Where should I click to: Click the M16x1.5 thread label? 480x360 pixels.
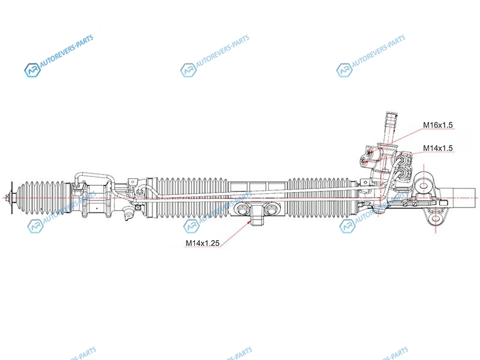[438, 125]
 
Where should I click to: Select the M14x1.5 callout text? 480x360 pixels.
[438, 148]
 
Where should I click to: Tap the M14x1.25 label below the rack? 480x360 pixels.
[202, 243]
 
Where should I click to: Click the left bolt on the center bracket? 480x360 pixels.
[242, 210]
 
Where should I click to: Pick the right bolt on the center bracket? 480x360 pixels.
[271, 210]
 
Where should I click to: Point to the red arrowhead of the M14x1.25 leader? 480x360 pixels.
[249, 221]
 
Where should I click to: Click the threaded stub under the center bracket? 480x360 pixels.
[257, 222]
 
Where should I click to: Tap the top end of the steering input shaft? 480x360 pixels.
[392, 114]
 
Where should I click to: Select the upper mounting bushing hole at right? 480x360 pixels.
[424, 186]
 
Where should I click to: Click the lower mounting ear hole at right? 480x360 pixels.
[436, 218]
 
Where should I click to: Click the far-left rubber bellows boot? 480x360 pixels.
[41, 197]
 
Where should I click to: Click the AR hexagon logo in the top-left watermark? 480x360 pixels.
[32, 70]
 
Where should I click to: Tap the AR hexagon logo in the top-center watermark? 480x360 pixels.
[188, 70]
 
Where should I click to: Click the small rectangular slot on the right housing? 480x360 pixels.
[444, 203]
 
